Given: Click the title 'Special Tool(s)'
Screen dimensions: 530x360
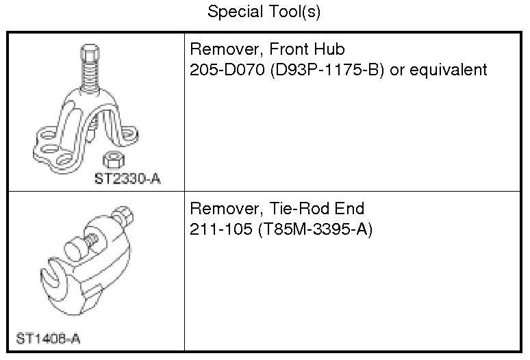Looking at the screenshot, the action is point(264,12).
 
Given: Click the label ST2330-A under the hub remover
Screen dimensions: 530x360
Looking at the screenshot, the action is point(131,179).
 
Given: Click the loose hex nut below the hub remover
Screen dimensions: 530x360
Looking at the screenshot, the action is point(110,160).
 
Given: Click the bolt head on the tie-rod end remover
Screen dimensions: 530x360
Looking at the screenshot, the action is point(126,216).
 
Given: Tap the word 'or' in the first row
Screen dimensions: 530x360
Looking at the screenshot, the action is point(397,70).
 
